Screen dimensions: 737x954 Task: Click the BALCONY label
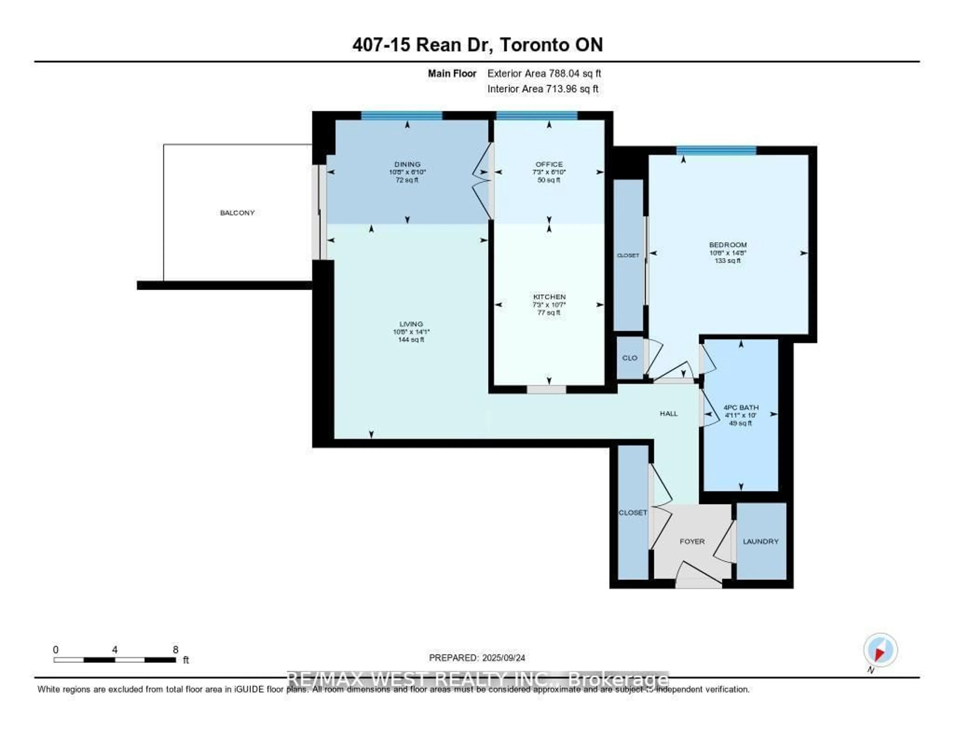(237, 213)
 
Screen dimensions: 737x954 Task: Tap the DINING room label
(407, 164)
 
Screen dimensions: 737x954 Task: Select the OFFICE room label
(549, 164)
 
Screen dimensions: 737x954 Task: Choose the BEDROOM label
(728, 245)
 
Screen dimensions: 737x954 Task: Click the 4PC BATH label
(741, 407)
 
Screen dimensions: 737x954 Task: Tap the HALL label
(668, 413)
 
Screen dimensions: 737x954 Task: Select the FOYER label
(692, 541)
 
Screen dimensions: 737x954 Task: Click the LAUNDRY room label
(760, 541)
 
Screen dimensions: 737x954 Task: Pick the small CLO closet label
(630, 358)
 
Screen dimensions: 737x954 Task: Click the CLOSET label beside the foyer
(633, 512)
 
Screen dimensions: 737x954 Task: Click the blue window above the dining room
(401, 116)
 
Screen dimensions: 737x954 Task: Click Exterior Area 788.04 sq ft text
(544, 73)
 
